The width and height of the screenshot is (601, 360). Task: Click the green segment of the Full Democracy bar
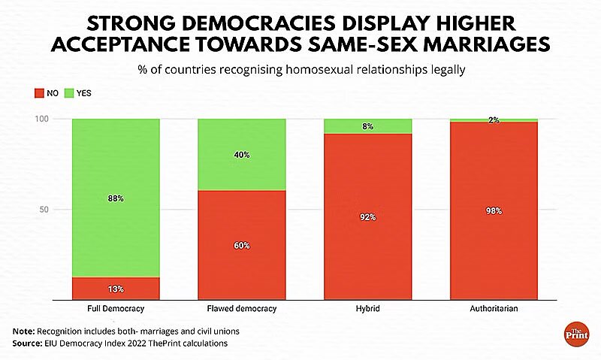click(x=116, y=173)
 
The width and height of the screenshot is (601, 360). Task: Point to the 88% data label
click(x=116, y=198)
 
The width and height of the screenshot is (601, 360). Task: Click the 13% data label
click(x=116, y=289)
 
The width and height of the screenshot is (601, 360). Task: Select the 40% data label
click(x=242, y=155)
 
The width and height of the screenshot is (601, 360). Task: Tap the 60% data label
click(x=242, y=246)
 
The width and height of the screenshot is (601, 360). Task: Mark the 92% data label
click(x=368, y=217)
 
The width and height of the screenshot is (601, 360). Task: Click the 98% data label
click(x=494, y=211)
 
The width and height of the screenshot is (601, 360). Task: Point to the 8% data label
click(x=368, y=127)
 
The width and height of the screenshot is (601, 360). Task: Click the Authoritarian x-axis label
click(x=494, y=308)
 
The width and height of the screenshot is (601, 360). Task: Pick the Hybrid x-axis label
click(x=368, y=308)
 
